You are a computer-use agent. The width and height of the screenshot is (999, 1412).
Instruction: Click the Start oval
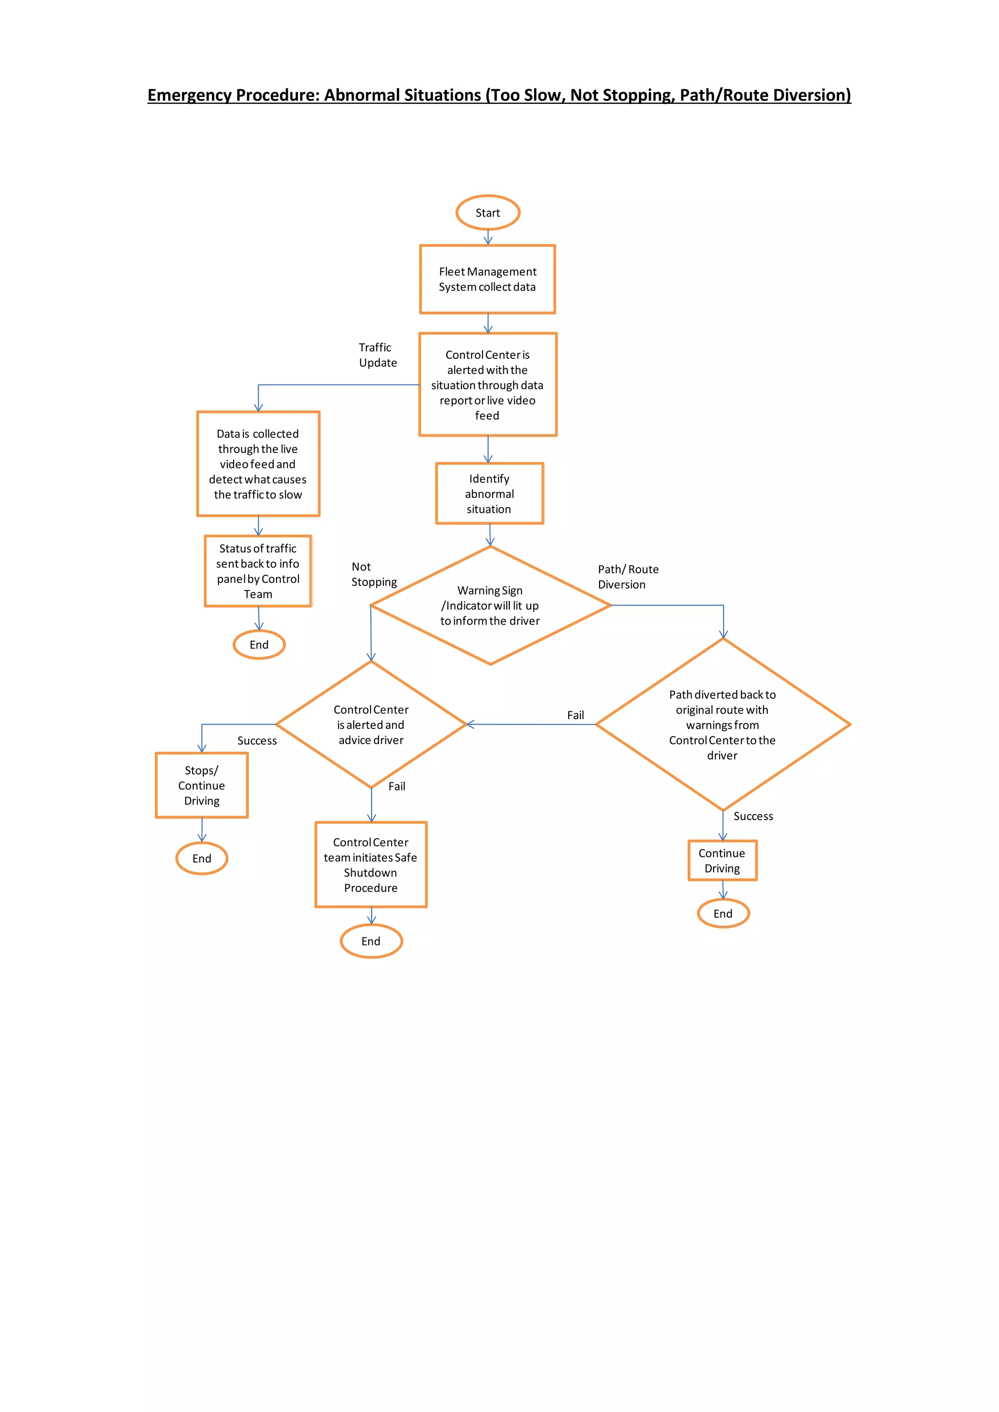click(488, 213)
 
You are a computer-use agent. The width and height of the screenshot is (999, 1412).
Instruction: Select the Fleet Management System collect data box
click(487, 279)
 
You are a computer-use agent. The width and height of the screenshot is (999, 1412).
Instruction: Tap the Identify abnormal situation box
click(489, 494)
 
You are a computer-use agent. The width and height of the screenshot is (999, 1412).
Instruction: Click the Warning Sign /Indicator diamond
click(490, 606)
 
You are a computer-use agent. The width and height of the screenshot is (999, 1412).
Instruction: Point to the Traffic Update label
click(377, 355)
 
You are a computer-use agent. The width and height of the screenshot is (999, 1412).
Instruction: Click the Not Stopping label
click(373, 574)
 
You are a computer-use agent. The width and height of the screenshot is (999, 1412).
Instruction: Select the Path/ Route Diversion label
click(627, 577)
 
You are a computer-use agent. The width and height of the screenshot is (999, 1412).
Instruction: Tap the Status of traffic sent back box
click(258, 571)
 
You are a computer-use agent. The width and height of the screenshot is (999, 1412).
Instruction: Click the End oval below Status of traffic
click(259, 645)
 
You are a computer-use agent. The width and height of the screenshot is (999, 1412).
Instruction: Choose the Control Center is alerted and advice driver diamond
click(371, 725)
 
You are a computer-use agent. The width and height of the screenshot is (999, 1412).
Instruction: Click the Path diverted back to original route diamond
click(722, 725)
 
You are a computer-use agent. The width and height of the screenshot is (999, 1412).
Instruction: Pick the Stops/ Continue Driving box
click(202, 785)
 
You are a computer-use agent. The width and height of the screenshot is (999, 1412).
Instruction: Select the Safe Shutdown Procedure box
click(371, 864)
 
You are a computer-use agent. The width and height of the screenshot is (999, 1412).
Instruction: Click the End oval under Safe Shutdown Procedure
click(371, 941)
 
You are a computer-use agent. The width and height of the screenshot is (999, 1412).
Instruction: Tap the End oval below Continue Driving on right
click(723, 913)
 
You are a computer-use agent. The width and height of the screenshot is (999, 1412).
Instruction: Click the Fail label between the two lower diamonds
click(575, 715)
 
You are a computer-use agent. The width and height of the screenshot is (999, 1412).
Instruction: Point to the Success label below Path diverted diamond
click(753, 816)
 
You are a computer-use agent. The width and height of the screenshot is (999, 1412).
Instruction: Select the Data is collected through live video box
click(258, 464)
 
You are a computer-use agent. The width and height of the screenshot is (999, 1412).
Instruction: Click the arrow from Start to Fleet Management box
click(488, 237)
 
